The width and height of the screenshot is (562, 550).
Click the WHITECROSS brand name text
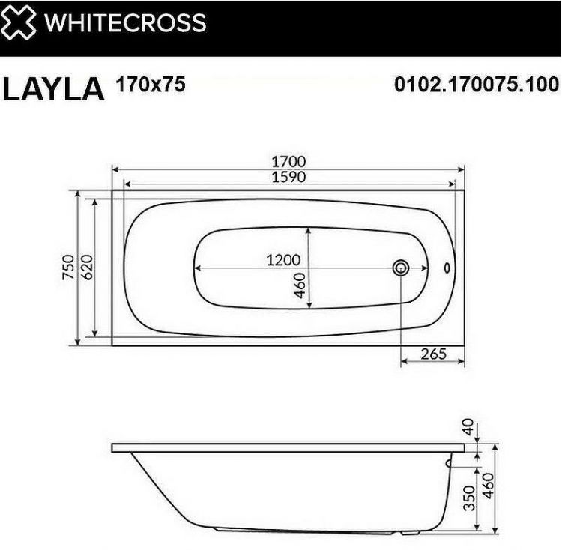click(125, 22)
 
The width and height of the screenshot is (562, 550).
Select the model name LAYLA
click(53, 88)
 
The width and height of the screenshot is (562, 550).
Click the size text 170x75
click(150, 85)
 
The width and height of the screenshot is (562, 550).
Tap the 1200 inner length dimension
click(283, 259)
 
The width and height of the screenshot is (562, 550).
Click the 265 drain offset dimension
click(432, 353)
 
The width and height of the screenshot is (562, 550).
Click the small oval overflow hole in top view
click(449, 267)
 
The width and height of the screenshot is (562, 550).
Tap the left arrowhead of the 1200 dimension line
click(196, 268)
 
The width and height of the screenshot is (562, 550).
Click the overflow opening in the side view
click(449, 463)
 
